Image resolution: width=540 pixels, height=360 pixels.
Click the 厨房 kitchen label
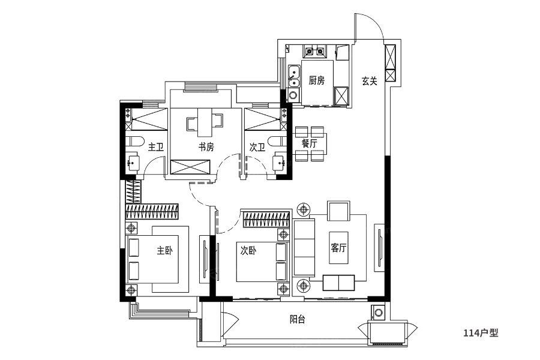[316, 80]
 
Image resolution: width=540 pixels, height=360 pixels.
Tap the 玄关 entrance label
[369, 82]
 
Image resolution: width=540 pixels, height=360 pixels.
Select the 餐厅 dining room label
[309, 143]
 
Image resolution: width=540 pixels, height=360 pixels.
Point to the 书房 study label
[206, 147]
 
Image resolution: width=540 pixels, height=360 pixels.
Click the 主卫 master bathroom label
[155, 148]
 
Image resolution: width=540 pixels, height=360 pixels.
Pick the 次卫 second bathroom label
[257, 148]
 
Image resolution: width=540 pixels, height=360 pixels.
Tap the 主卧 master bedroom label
[164, 250]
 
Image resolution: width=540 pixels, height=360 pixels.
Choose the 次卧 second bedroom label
[248, 251]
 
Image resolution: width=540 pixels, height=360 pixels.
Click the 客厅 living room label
[338, 248]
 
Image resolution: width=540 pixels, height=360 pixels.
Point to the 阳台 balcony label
[297, 320]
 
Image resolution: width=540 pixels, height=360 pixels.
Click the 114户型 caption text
[481, 333]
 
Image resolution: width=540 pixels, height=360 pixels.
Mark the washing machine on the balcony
[379, 313]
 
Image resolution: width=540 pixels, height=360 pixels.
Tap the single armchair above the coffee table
[339, 211]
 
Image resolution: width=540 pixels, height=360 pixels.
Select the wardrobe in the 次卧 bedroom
[266, 219]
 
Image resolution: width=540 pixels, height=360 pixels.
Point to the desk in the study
[206, 122]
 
